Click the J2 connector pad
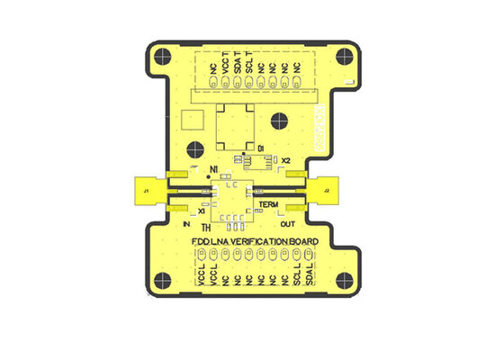click(326, 191)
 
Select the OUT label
click(288, 224)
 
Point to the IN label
click(186, 223)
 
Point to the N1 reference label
click(213, 169)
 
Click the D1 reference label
click(260, 147)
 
